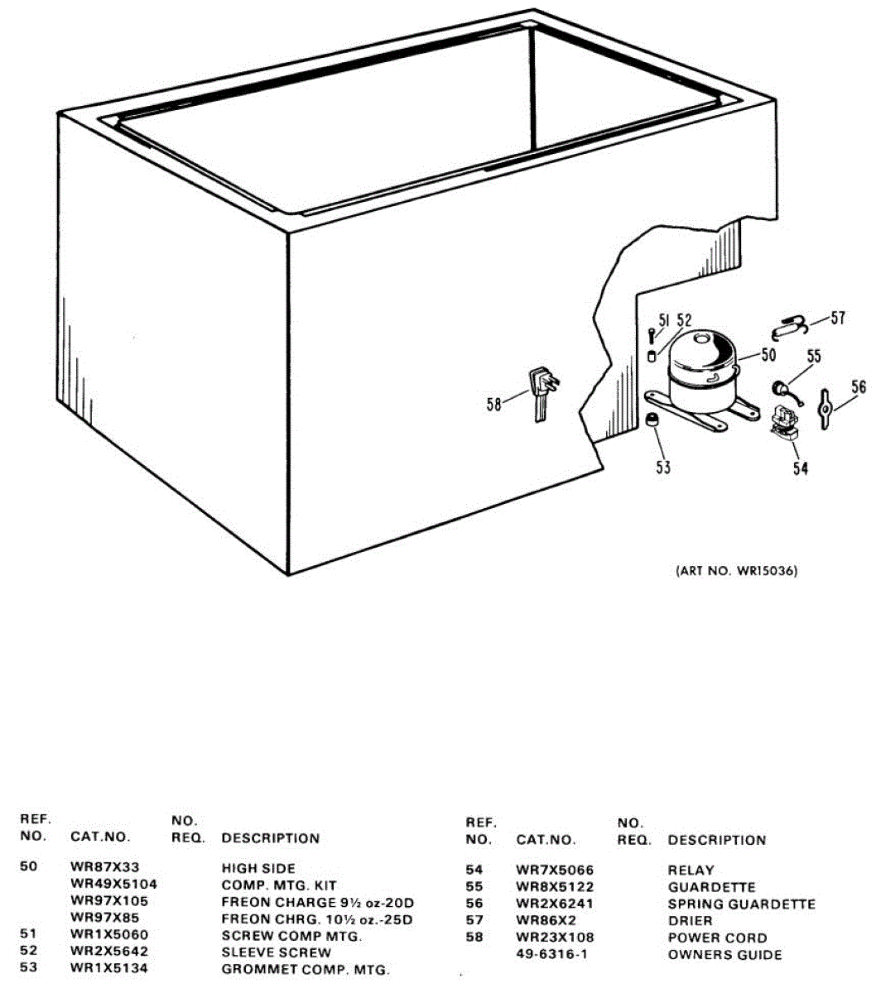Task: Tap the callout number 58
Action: pos(494,405)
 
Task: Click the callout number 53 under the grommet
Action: pos(663,467)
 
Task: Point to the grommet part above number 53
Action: pos(653,420)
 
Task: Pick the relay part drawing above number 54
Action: pos(782,423)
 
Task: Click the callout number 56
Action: pos(859,386)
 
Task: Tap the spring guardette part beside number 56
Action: pos(825,409)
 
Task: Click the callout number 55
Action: pos(814,356)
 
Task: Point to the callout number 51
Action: pos(663,319)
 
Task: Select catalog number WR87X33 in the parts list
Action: pos(105,867)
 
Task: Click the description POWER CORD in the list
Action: pos(717,938)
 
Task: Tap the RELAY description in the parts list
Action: pos(691,870)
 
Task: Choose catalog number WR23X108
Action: pos(555,938)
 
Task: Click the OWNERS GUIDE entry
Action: pos(724,955)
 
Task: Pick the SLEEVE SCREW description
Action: pos(276,952)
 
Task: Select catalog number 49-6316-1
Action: pos(551,955)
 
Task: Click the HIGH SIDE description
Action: pos(258,868)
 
